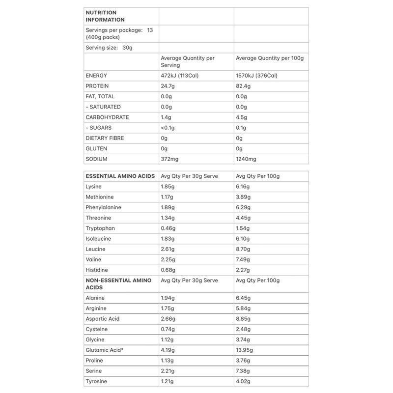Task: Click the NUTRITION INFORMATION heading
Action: coord(105,16)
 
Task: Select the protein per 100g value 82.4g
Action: coord(244,86)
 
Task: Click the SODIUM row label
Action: coord(96,159)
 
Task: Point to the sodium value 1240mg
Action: coord(247,159)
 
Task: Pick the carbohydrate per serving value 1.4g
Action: coord(167,117)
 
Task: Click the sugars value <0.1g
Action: coord(168,128)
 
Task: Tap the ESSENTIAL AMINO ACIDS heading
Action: coord(120,176)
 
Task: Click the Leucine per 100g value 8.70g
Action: coord(244,249)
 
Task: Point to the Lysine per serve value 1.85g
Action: coord(168,187)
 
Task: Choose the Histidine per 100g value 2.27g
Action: coord(244,270)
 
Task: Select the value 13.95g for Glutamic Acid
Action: coord(246,350)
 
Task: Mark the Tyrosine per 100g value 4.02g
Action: coord(244,381)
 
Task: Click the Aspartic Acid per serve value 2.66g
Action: coord(168,319)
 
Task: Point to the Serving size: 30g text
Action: coord(110,48)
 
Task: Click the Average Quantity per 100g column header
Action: coord(270,58)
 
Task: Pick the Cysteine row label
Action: coord(96,329)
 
